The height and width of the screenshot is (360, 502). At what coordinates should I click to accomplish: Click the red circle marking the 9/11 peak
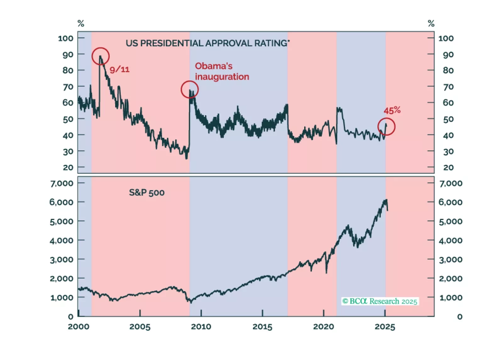[100, 56]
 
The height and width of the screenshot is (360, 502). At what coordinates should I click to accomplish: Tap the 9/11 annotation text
[120, 70]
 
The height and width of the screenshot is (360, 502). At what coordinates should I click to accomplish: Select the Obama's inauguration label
[222, 71]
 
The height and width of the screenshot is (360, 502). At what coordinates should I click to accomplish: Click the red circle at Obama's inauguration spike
[190, 90]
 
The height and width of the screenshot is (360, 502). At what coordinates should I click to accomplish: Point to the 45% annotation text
[392, 110]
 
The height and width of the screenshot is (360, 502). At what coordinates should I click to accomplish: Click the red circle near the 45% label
[386, 127]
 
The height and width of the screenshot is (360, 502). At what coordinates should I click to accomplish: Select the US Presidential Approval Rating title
[208, 43]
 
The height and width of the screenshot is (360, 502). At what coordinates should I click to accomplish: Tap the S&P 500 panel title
[147, 193]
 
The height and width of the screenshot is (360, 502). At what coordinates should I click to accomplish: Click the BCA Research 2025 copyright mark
[380, 301]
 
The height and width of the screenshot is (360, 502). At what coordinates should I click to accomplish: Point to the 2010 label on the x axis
[201, 327]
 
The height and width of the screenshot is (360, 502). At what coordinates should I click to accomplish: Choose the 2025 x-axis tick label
[385, 327]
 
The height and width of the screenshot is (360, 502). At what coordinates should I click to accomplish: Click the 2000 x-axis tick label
[78, 327]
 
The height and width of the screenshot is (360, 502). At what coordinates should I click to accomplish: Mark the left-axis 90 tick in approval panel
[68, 54]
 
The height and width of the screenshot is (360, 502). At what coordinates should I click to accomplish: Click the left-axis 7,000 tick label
[62, 183]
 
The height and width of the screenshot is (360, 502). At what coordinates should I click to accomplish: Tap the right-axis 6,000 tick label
[450, 202]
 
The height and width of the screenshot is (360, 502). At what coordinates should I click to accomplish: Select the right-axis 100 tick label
[446, 38]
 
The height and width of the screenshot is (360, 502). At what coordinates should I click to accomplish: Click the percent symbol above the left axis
[81, 24]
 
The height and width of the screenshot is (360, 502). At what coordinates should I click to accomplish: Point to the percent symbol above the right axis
[431, 24]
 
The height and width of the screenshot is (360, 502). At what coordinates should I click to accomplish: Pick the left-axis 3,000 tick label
[62, 260]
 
